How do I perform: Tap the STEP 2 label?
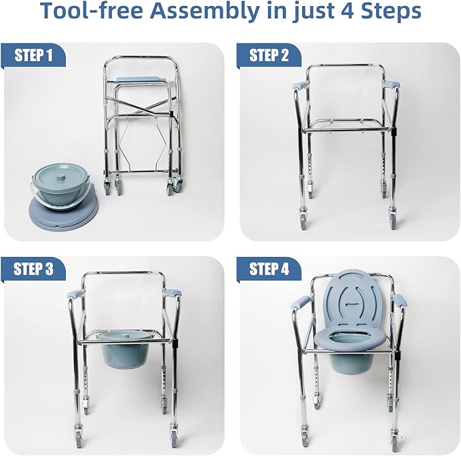tap(270, 55)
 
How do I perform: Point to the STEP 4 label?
tap(270, 268)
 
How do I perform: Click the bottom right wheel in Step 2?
tap(394, 222)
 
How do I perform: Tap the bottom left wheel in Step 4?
tap(300, 434)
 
